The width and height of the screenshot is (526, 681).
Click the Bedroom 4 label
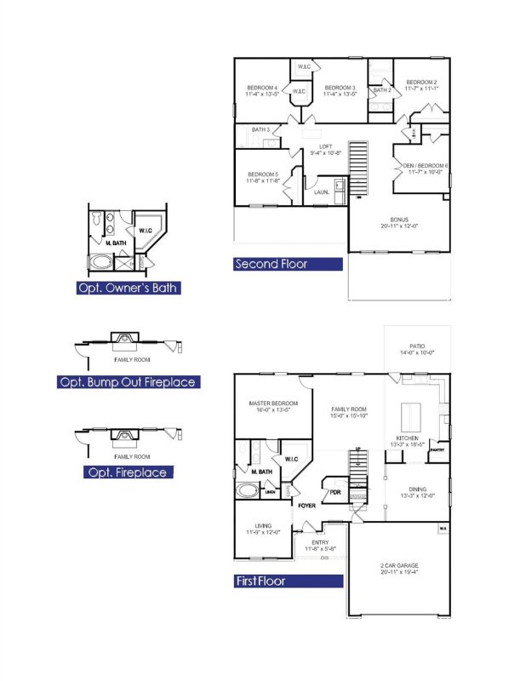point(262,88)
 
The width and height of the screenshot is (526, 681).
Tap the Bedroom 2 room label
point(420,82)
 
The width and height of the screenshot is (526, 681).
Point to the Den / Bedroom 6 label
point(425,165)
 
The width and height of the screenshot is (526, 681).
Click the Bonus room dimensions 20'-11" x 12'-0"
point(400,226)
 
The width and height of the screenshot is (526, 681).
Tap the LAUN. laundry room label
point(322,192)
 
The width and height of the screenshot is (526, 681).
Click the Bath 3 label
point(260,129)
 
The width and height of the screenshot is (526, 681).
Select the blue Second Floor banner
point(288,264)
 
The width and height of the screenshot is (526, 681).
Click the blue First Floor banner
point(288,581)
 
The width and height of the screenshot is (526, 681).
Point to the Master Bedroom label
point(273,403)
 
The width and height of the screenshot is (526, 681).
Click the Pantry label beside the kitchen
point(437,449)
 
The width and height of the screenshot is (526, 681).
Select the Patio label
point(416,346)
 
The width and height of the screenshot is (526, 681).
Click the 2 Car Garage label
point(399,565)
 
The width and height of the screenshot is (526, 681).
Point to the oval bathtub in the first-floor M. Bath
point(249,491)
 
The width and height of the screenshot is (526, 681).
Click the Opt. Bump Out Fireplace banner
point(127,382)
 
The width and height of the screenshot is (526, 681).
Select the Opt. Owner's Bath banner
point(127,288)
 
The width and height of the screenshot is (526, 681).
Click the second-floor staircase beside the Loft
point(361,168)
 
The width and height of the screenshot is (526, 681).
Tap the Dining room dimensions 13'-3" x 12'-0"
point(417,495)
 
